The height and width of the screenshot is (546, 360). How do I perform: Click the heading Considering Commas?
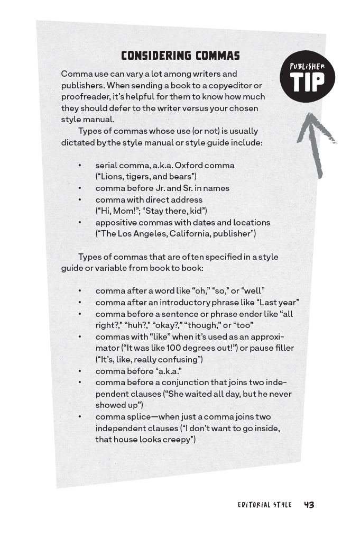[x=180, y=56]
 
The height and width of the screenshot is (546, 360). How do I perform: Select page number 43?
[x=309, y=505]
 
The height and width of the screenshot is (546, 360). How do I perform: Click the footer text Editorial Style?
[x=264, y=505]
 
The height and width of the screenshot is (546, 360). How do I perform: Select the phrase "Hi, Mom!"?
[x=117, y=211]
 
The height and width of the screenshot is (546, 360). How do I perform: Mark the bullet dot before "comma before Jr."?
[x=80, y=188]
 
